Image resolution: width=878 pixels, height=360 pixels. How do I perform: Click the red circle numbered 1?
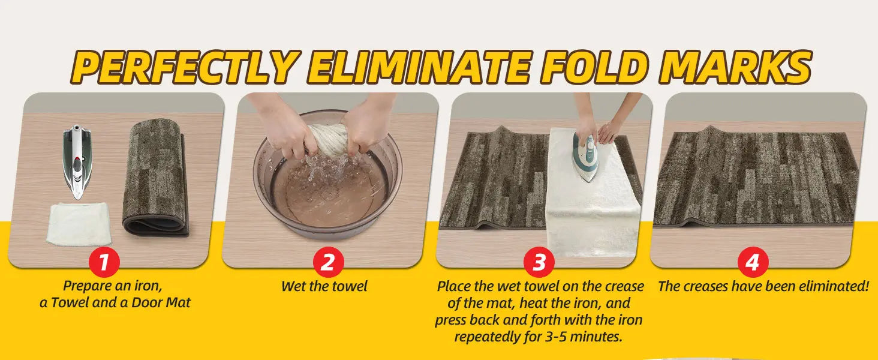click(104, 263)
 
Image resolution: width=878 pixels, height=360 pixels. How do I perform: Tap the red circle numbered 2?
click(328, 263)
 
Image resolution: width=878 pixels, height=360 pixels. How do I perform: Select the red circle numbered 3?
click(539, 263)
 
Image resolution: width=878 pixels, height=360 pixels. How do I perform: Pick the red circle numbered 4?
click(753, 263)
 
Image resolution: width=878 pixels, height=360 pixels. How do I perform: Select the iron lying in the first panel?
click(76, 161)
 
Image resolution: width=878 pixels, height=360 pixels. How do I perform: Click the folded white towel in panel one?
click(79, 223)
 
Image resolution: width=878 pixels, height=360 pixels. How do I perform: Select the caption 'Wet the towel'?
click(324, 286)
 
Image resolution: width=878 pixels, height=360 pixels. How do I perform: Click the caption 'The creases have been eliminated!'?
click(763, 286)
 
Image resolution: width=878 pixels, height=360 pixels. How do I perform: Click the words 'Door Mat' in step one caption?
click(161, 302)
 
